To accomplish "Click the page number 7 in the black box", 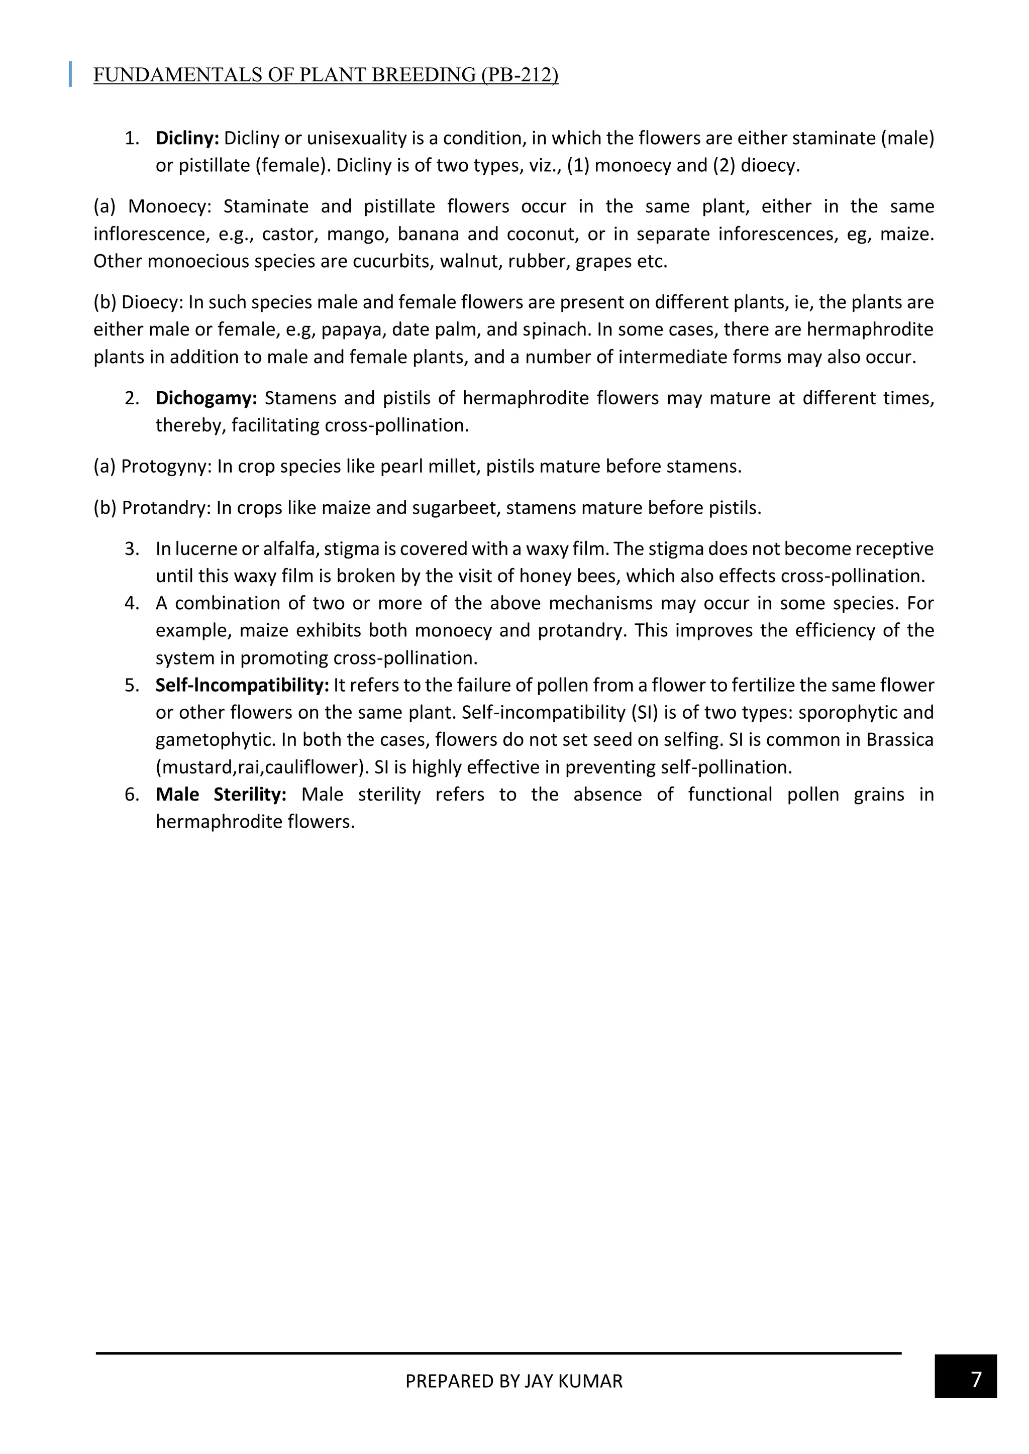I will coord(976,1379).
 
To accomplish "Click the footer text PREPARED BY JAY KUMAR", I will coord(514,1381).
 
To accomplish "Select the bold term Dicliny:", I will coord(187,138).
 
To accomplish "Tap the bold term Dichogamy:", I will coord(206,398).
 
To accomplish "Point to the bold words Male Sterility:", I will coord(221,795).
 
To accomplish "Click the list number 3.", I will coord(131,548).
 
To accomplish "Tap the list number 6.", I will coord(131,795).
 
